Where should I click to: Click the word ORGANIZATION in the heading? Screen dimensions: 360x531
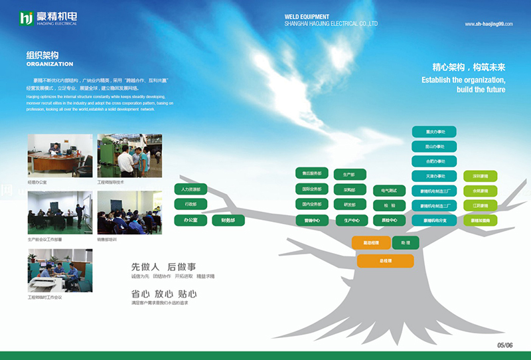coord(50,64)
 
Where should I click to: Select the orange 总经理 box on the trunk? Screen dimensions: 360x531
coord(386,261)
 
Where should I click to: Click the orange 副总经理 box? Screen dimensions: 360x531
coord(371,242)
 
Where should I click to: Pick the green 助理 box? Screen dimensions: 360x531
coord(406,242)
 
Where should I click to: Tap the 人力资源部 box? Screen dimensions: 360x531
coord(191,189)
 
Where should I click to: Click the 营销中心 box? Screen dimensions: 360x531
coord(312,220)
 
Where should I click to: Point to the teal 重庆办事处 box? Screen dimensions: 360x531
coord(434,131)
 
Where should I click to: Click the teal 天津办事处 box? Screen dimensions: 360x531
coord(434,176)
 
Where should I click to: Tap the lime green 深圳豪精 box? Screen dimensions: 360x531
coord(481,177)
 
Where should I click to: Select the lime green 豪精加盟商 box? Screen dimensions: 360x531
coord(481,220)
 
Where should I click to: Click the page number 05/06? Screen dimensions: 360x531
coord(505,345)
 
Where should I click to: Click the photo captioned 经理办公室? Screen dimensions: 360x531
coord(60,155)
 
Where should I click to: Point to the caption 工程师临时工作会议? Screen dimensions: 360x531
coord(44,298)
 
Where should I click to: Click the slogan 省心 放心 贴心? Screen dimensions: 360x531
coord(164,293)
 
